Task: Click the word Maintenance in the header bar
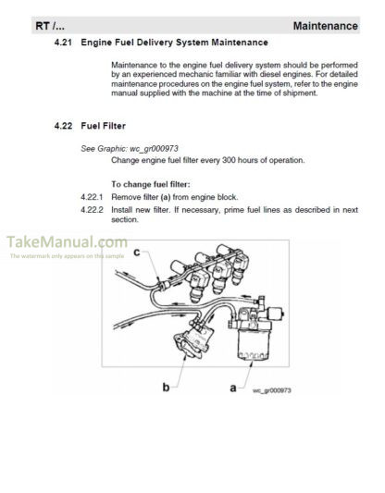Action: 325,26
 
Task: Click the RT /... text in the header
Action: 50,26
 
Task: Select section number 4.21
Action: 63,43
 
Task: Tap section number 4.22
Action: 63,126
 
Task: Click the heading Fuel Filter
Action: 103,126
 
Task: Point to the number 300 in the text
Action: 229,160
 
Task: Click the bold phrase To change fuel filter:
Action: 151,184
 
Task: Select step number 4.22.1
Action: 92,197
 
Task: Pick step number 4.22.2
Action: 92,210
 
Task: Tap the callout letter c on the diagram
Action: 137,253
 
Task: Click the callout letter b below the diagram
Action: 166,387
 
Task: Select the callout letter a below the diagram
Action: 233,388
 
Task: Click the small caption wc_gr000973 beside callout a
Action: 272,390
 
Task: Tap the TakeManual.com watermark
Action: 67,242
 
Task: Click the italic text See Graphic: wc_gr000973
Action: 130,148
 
